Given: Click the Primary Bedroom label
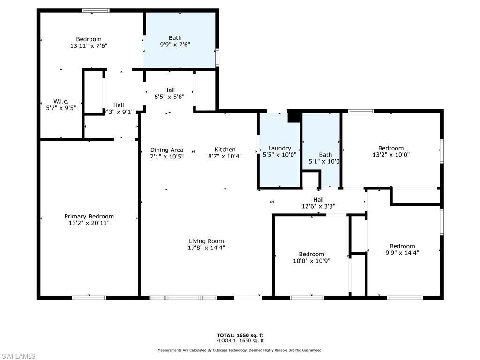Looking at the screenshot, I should [x=89, y=216].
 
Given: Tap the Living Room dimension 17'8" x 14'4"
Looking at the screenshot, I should [x=206, y=248].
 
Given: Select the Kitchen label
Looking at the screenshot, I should [x=225, y=150].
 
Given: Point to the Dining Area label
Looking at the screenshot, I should [x=166, y=150].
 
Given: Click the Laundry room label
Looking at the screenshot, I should [x=279, y=148].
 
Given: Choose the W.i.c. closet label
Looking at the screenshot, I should [x=61, y=101].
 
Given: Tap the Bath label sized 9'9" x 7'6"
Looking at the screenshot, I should [x=175, y=38].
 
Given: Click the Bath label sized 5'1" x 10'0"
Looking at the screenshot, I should [x=325, y=155].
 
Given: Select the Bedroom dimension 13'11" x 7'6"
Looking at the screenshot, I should [x=89, y=46].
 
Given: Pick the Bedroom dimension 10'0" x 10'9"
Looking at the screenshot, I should [x=312, y=261].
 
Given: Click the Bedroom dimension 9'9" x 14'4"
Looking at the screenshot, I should [x=402, y=253].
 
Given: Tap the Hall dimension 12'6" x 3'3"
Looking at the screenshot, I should [x=318, y=206].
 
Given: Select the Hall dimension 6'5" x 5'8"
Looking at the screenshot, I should [x=169, y=97].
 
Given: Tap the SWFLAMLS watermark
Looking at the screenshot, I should [x=18, y=356].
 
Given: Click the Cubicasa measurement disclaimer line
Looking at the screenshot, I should [x=240, y=350].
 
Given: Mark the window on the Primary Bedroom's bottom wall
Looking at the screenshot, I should [x=89, y=297].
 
